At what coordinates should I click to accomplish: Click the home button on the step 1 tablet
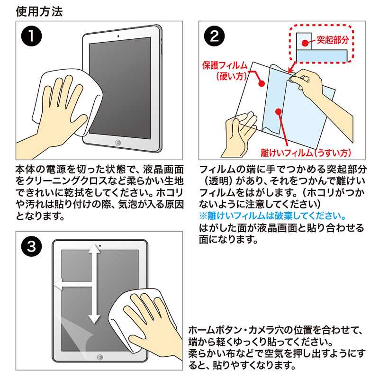click(117, 143)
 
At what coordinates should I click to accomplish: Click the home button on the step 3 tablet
click(99, 357)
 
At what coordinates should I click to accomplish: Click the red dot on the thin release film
click(279, 112)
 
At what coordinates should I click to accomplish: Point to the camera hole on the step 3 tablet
click(100, 246)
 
